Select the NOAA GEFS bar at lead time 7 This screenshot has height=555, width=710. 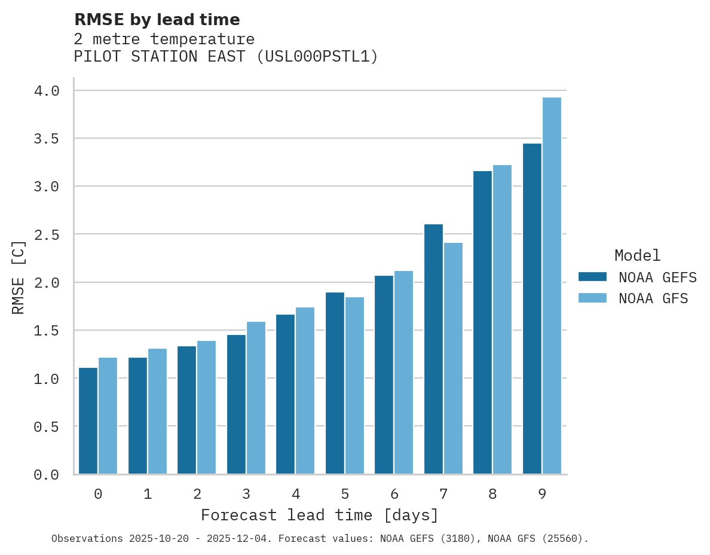(433, 349)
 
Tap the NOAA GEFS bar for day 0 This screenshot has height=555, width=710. (88, 421)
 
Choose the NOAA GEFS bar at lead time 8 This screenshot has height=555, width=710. (482, 322)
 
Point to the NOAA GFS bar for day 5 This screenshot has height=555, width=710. (354, 386)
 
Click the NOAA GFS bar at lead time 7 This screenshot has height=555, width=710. (453, 358)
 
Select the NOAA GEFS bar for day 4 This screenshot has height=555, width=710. (285, 394)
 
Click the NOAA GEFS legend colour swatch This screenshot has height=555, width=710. (592, 277)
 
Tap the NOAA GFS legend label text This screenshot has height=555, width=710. (653, 298)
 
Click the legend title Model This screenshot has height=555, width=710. (637, 255)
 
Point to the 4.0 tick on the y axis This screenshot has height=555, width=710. (47, 91)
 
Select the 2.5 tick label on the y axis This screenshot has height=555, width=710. (47, 234)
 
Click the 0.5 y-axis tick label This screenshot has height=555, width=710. (47, 426)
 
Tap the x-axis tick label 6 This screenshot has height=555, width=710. (394, 494)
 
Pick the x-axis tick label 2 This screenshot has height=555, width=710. (197, 494)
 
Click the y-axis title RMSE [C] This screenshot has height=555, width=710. (19, 277)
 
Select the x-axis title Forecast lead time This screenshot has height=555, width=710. (319, 515)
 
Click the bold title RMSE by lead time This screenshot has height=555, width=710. (157, 20)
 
